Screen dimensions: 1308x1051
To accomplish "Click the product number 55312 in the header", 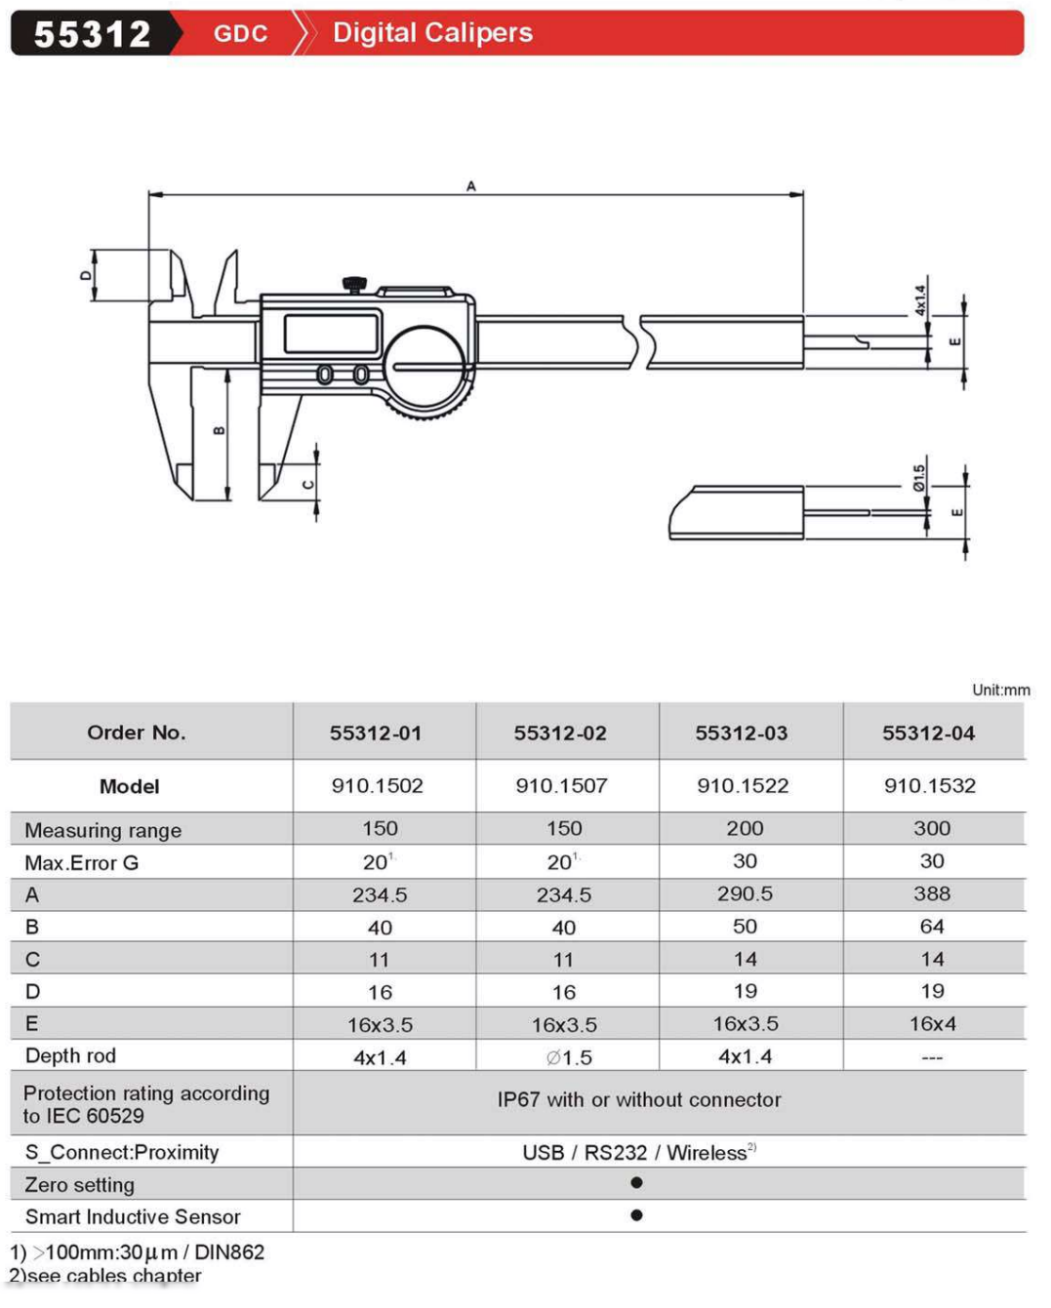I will [x=92, y=34].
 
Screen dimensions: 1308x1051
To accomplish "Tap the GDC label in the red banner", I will [x=240, y=34].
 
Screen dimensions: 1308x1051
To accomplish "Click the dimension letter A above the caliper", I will [x=471, y=185].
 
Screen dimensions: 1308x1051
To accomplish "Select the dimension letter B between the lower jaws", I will [x=219, y=430].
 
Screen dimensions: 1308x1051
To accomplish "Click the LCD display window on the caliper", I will [x=331, y=334].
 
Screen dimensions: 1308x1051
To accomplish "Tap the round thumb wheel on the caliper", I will [x=428, y=369].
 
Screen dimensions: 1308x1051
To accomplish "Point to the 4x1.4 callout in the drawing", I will [x=919, y=299].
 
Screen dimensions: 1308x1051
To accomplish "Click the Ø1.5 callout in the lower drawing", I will [x=918, y=477].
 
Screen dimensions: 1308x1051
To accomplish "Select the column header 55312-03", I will [x=741, y=733].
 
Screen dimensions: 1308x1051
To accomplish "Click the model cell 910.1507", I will [x=561, y=786].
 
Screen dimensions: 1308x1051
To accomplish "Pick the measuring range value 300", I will [x=931, y=828].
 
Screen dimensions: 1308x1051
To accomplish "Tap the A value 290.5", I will [x=744, y=893].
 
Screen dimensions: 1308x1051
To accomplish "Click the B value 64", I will [x=931, y=926].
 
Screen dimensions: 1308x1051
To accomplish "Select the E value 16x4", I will [x=932, y=1023].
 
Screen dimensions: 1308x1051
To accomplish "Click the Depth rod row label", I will [x=70, y=1055].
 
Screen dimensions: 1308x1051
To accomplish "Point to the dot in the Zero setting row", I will [x=636, y=1183].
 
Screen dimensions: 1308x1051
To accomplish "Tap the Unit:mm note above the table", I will [x=1000, y=690].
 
